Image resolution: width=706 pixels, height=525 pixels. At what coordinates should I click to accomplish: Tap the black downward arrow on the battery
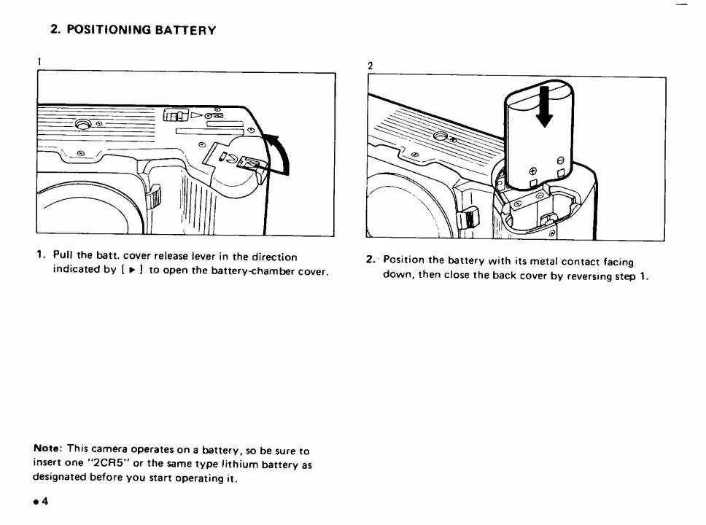(541, 109)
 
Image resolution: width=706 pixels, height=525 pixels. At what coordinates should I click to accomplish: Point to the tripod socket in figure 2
(441, 136)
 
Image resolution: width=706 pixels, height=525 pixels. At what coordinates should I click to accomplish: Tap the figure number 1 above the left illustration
(39, 61)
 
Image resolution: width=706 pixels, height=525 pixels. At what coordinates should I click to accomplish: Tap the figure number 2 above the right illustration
(371, 66)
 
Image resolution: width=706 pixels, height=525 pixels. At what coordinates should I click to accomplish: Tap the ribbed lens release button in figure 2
(472, 217)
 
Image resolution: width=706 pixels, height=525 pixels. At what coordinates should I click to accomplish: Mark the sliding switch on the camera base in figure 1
(174, 115)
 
